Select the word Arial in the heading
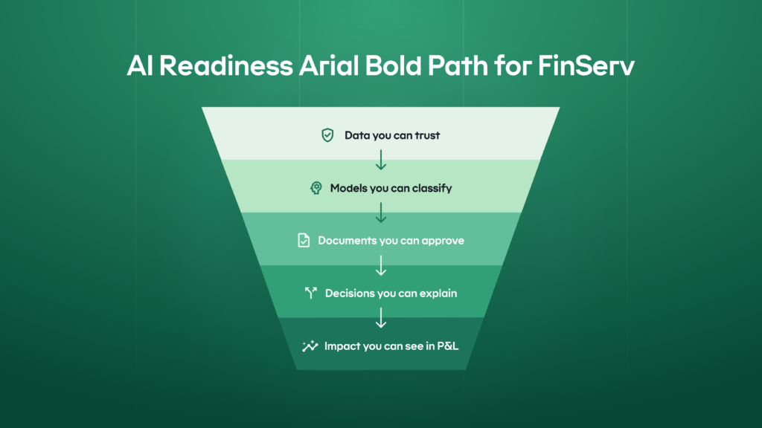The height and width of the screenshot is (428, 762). coord(321,66)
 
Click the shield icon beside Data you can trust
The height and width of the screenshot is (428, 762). coord(327,135)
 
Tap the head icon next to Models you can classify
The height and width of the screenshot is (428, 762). coord(316,188)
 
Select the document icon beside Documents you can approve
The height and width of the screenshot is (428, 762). coord(304,241)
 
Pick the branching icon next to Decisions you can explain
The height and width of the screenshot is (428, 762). coord(311,294)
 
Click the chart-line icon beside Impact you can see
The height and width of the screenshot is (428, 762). coord(310,346)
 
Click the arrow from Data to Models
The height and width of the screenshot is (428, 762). coord(381,160)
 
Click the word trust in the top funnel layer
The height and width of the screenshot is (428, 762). coord(426,135)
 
